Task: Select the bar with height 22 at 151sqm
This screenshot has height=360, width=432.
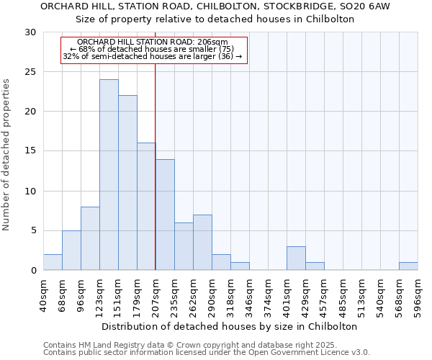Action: point(127,183)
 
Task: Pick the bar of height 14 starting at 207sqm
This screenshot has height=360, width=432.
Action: point(165,215)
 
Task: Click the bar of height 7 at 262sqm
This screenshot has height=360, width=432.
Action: point(202,243)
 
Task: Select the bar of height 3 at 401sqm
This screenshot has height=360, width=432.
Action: point(296,258)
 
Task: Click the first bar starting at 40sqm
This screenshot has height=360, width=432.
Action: point(53,262)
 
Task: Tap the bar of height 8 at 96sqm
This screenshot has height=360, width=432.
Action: point(90,238)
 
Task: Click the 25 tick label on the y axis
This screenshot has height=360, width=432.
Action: point(31,72)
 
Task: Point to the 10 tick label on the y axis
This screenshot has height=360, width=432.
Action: point(31,192)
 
